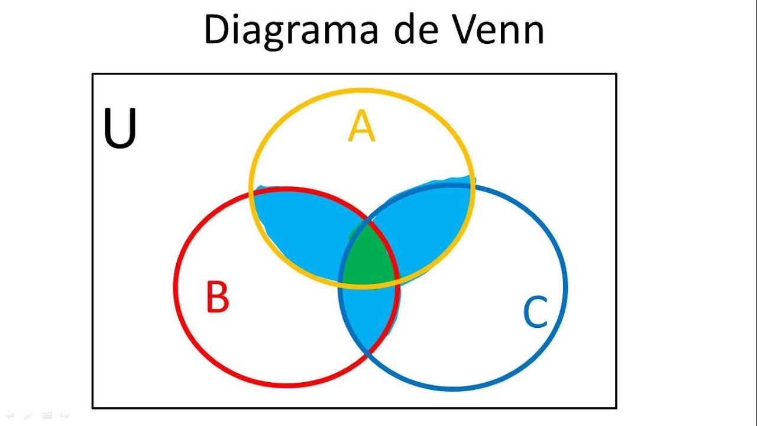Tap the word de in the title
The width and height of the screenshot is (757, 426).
click(x=416, y=29)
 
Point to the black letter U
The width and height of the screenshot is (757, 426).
click(x=120, y=128)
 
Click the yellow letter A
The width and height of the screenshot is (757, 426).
click(x=361, y=125)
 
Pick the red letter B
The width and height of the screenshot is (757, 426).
click(x=218, y=296)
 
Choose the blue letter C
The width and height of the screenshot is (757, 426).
click(x=535, y=311)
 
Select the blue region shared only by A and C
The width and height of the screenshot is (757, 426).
click(x=429, y=223)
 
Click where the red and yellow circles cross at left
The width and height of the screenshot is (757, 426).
click(x=252, y=193)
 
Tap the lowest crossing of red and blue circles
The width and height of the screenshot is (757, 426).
click(x=369, y=353)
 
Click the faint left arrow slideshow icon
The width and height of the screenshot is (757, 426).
click(x=9, y=415)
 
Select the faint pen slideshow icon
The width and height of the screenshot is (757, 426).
click(x=28, y=415)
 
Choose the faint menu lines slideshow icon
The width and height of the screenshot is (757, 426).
click(x=47, y=415)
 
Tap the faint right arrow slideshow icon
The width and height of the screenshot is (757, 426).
click(x=65, y=415)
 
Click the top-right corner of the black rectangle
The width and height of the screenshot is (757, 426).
click(x=616, y=74)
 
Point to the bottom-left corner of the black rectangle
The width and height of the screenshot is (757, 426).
click(x=93, y=408)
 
